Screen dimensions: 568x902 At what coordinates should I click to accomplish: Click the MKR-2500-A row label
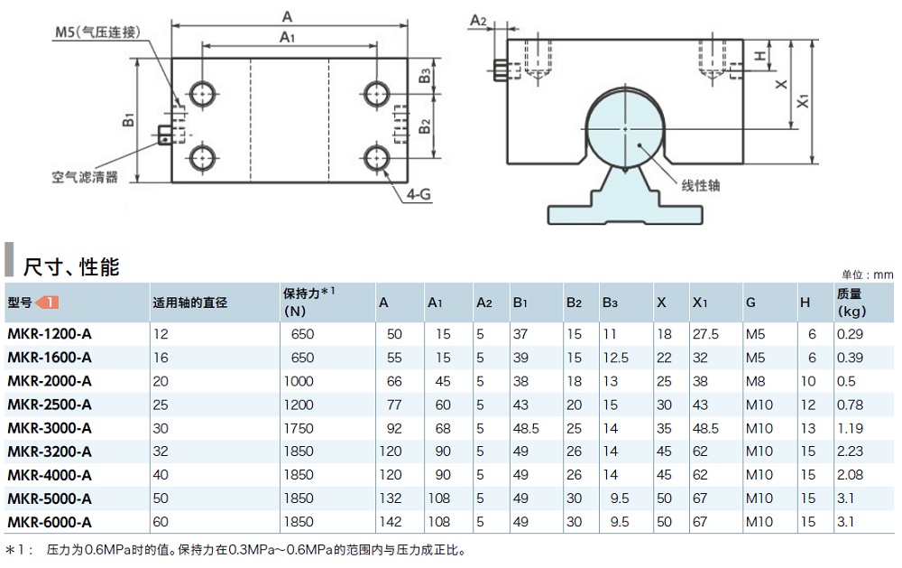(49, 405)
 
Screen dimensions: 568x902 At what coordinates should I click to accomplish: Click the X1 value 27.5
(705, 334)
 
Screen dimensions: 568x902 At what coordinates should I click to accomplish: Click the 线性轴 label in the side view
(700, 186)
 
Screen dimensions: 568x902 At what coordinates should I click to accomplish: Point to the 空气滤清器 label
(85, 177)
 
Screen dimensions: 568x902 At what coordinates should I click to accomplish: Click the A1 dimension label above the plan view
(287, 36)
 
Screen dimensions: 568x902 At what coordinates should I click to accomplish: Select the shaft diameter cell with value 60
(161, 522)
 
